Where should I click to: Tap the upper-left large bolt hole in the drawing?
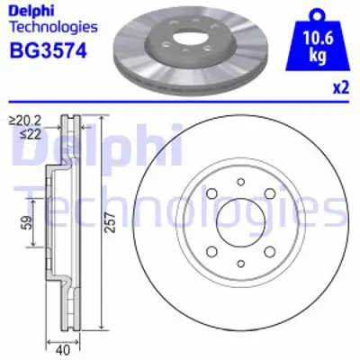pos(211,194)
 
